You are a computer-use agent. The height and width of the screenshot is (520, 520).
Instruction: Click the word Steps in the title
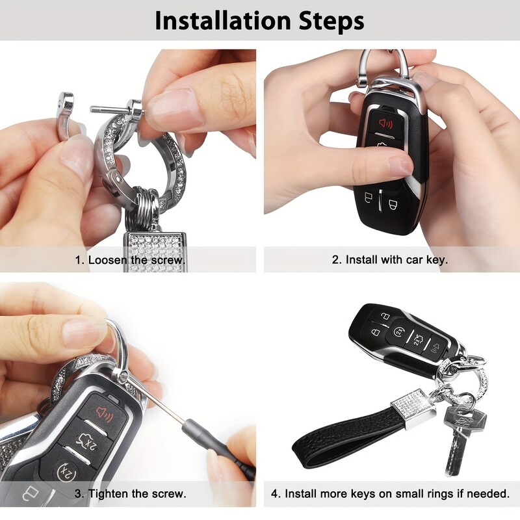pyautogui.click(x=329, y=21)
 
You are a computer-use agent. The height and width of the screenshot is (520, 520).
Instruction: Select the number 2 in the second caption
pyautogui.click(x=336, y=259)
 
